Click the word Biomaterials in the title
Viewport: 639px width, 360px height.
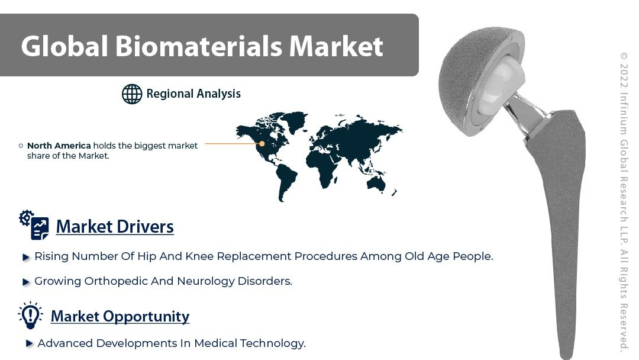pos(198,46)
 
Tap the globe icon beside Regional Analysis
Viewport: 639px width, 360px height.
pos(132,94)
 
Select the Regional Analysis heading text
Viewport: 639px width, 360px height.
pos(193,94)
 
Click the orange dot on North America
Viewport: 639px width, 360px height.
pos(262,143)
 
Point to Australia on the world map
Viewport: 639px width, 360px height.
pos(376,185)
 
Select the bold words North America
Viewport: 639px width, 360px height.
pos(59,146)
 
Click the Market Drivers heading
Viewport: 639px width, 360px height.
pos(115,227)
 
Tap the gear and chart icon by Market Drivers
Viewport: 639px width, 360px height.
pos(34,224)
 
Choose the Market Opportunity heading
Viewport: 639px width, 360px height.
pos(120,316)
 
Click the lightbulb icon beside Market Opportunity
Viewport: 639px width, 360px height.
pos(30,315)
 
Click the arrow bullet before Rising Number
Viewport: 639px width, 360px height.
pos(26,257)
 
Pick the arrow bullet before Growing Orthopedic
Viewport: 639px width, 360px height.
pos(26,282)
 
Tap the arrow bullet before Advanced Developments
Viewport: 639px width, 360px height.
pos(30,343)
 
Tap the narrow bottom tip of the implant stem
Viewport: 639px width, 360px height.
pos(566,355)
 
